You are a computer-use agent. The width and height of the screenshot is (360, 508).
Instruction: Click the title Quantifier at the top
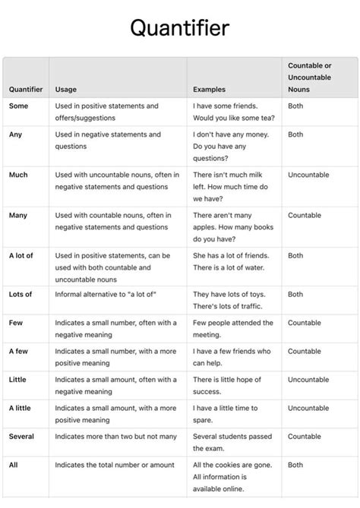pyautogui.click(x=179, y=28)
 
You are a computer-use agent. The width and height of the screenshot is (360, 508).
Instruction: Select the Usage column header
pyautogui.click(x=65, y=90)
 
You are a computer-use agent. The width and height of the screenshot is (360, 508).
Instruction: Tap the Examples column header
pyautogui.click(x=209, y=90)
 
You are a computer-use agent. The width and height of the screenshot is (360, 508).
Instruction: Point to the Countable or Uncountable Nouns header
pyautogui.click(x=309, y=77)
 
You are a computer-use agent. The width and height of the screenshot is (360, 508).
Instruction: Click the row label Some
pyautogui.click(x=18, y=106)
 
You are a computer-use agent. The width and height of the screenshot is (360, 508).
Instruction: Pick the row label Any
pyautogui.click(x=16, y=134)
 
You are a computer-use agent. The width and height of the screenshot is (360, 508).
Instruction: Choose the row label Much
pyautogui.click(x=18, y=175)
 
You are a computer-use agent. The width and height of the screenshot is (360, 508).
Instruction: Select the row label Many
pyautogui.click(x=18, y=216)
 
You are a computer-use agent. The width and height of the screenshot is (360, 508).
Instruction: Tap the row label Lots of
pyautogui.click(x=21, y=294)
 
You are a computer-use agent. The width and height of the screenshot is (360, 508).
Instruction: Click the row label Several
pyautogui.click(x=21, y=437)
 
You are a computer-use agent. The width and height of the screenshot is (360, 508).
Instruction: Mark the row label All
pyautogui.click(x=14, y=465)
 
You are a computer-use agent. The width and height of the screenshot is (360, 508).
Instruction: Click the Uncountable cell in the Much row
pyautogui.click(x=308, y=175)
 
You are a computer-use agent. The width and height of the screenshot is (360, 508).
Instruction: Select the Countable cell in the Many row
pyautogui.click(x=305, y=216)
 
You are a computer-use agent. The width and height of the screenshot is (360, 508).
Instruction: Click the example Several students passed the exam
pyautogui.click(x=232, y=443)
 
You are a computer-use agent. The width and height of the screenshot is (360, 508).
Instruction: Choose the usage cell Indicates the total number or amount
pyautogui.click(x=115, y=465)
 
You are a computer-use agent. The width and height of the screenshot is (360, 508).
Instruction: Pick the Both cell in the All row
pyautogui.click(x=295, y=465)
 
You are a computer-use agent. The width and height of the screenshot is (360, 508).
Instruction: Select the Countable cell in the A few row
pyautogui.click(x=305, y=352)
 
